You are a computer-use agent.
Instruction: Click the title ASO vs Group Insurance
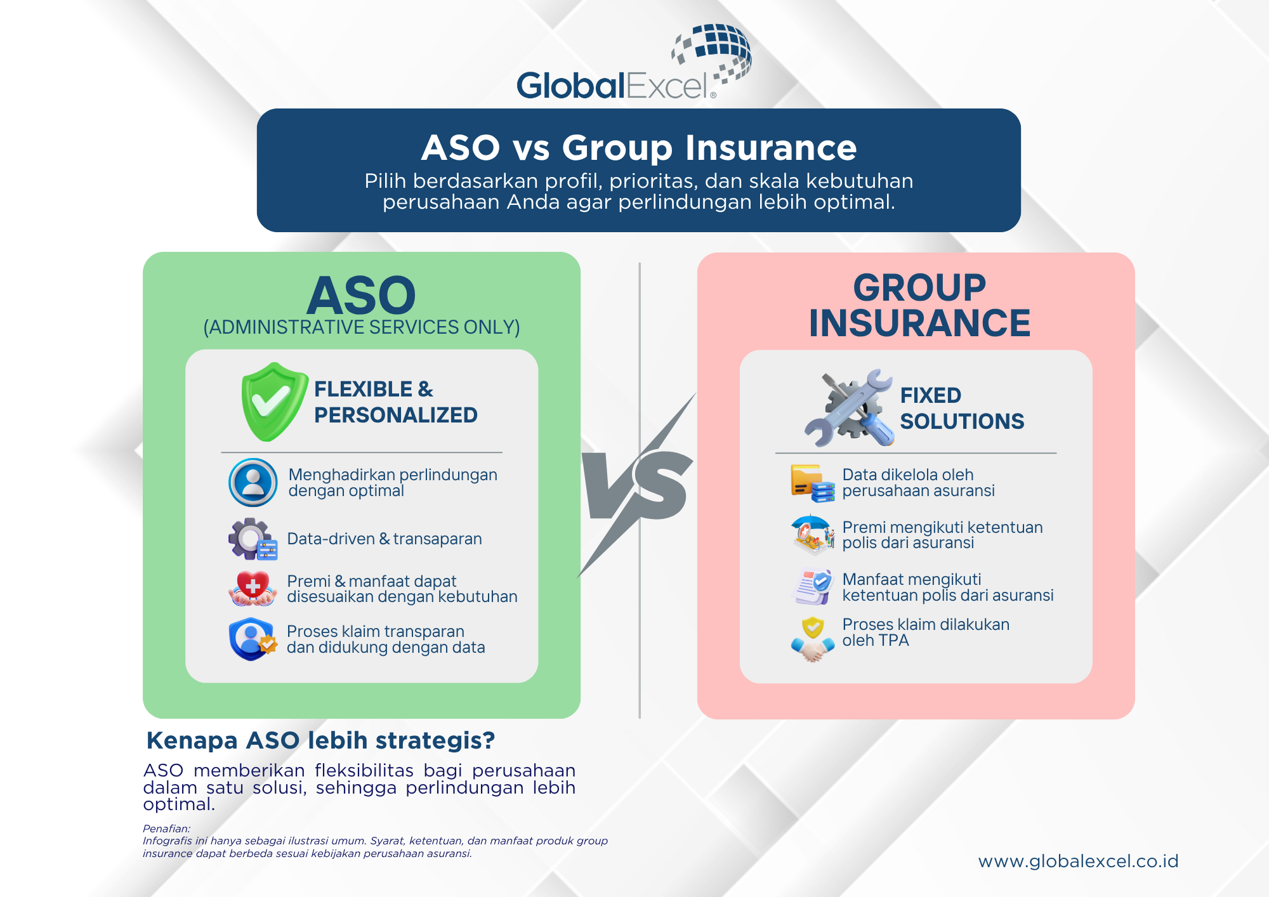pyautogui.click(x=639, y=147)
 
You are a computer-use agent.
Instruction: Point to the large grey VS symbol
pyautogui.click(x=638, y=485)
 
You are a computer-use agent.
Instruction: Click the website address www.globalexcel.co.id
pyautogui.click(x=1078, y=861)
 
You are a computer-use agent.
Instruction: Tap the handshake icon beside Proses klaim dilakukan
pyautogui.click(x=813, y=639)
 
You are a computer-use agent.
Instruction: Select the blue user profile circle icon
pyautogui.click(x=253, y=482)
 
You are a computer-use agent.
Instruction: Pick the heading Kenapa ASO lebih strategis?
pyautogui.click(x=320, y=740)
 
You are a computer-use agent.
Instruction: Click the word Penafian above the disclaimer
pyautogui.click(x=166, y=828)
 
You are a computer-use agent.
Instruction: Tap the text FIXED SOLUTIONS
pyautogui.click(x=962, y=408)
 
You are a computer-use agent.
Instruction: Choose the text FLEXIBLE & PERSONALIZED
pyautogui.click(x=395, y=402)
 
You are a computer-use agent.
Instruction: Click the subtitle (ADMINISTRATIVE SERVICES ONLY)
pyautogui.click(x=362, y=327)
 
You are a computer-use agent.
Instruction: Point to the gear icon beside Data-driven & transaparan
pyautogui.click(x=253, y=539)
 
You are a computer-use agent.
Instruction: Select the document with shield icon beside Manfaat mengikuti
pyautogui.click(x=813, y=587)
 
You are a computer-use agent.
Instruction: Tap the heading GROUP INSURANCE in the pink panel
pyautogui.click(x=919, y=305)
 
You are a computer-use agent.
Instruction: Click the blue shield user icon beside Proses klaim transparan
pyautogui.click(x=253, y=639)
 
